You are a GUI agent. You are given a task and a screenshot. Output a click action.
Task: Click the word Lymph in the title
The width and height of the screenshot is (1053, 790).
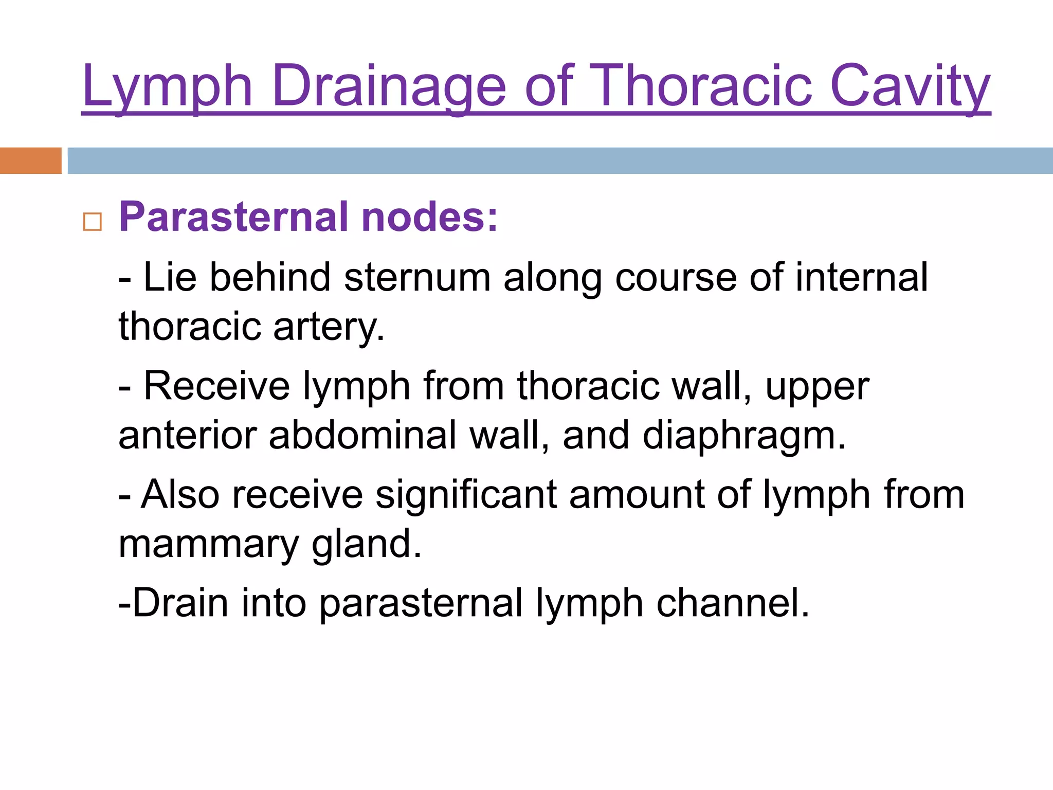pyautogui.click(x=167, y=86)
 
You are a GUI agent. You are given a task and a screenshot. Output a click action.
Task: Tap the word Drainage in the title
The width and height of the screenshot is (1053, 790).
pyautogui.click(x=389, y=86)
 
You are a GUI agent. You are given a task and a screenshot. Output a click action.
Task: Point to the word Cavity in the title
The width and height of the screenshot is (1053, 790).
pyautogui.click(x=910, y=86)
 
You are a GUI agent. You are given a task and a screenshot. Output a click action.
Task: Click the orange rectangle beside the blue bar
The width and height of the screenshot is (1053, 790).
pyautogui.click(x=30, y=160)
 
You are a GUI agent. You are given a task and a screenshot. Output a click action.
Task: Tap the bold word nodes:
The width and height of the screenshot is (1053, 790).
pyautogui.click(x=430, y=217)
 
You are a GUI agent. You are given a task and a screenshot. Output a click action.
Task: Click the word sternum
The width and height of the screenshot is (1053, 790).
pyautogui.click(x=417, y=278)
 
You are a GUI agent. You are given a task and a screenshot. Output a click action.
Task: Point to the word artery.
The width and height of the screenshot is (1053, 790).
pyautogui.click(x=329, y=327)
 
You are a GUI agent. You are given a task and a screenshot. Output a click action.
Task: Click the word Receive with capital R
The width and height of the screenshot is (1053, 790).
pyautogui.click(x=216, y=386)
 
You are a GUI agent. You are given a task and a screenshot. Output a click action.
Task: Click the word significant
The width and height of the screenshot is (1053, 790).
pyautogui.click(x=466, y=495)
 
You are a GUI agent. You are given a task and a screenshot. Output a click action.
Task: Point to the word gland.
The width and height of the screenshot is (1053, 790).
pyautogui.click(x=367, y=544)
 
